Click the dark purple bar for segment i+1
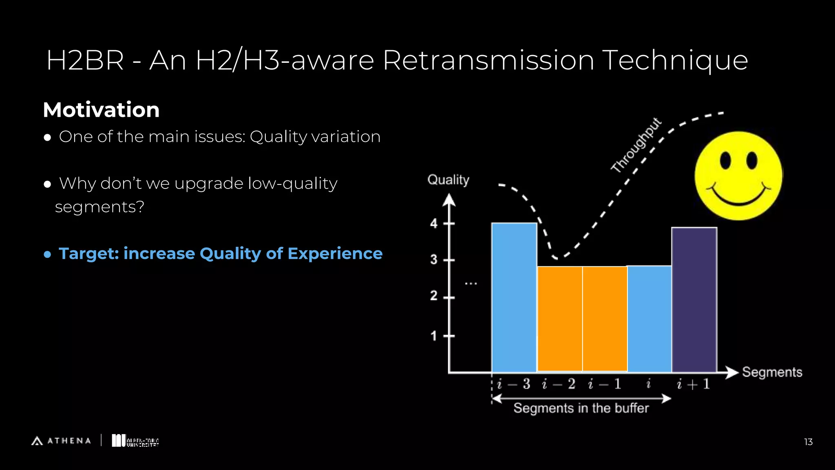coord(694,300)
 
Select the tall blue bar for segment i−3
coord(514,297)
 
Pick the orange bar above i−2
coord(560,319)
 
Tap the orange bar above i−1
coord(605,319)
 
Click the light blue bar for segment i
coord(649,319)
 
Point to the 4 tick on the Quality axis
coord(434,224)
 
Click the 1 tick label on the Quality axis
coord(434,336)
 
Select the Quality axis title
coord(448,180)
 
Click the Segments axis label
coord(772,372)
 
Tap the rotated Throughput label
coord(636,146)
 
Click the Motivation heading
coord(101,110)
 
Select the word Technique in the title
coord(675,60)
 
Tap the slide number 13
coord(808,442)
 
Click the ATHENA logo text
coord(69,441)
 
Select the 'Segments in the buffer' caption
coord(581,408)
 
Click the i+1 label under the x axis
coord(694,384)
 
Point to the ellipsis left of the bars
coord(471,283)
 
